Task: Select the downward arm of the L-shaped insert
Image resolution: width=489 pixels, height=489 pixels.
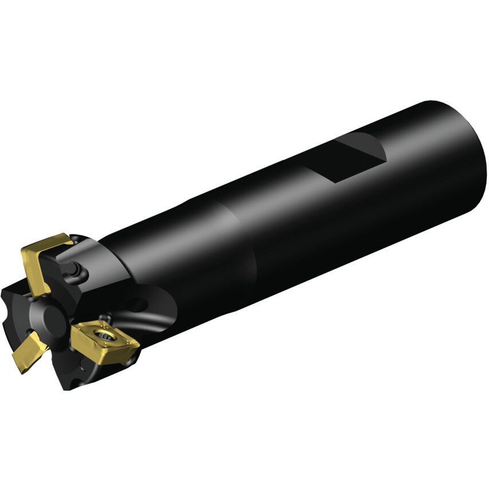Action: click(x=33, y=275)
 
